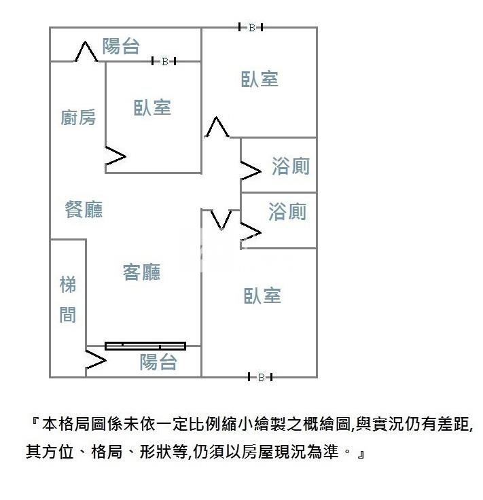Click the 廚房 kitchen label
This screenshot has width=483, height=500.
click(78, 118)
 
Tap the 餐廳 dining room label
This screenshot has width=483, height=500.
click(84, 209)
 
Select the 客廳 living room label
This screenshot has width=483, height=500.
click(141, 272)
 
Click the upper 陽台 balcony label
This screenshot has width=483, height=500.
click(121, 46)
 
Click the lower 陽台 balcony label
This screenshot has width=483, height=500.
click(158, 362)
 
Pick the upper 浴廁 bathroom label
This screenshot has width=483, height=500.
click(291, 166)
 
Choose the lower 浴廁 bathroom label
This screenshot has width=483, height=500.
click(287, 211)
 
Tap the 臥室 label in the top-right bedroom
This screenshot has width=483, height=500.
click(260, 79)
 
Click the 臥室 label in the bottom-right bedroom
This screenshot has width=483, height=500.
click(262, 296)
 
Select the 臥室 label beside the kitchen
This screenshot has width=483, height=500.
click(152, 107)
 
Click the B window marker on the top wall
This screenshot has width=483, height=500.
click(251, 27)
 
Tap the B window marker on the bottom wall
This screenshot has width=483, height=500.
click(260, 378)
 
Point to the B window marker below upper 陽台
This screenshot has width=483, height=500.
click(164, 61)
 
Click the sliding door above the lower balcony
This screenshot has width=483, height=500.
click(145, 346)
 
